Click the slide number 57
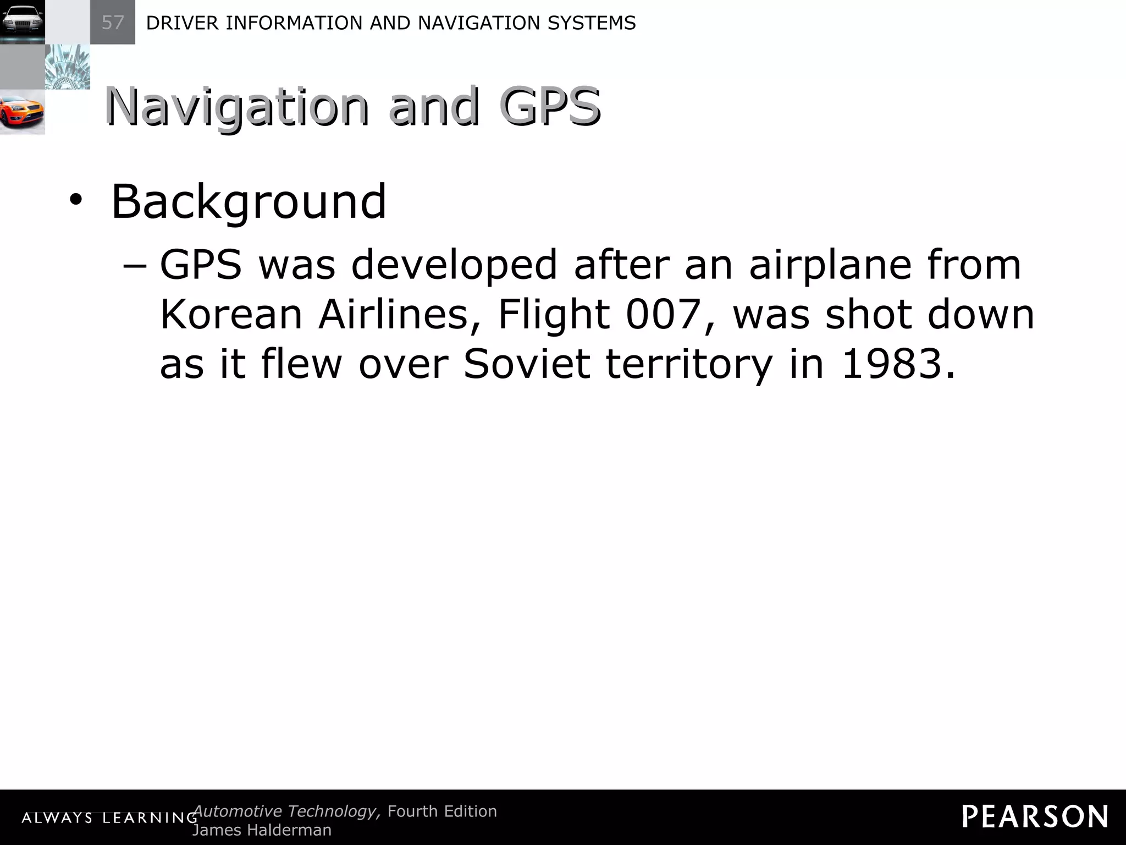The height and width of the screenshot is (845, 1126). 113,23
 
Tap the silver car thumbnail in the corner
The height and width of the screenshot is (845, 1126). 22,22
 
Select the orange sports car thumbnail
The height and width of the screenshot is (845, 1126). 22,112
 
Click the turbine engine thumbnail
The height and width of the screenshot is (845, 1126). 67,67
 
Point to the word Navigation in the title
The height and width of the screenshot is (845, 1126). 236,107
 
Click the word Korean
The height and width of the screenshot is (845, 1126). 231,315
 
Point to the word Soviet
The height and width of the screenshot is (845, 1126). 527,364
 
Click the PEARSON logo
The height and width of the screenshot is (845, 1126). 1035,816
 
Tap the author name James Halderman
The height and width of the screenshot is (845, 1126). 262,830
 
